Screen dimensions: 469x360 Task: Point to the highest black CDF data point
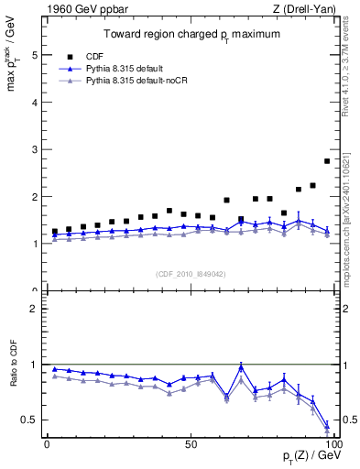coord(327,161)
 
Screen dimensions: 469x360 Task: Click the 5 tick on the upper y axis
coord(34,55)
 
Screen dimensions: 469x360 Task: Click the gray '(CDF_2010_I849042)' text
coord(190,273)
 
